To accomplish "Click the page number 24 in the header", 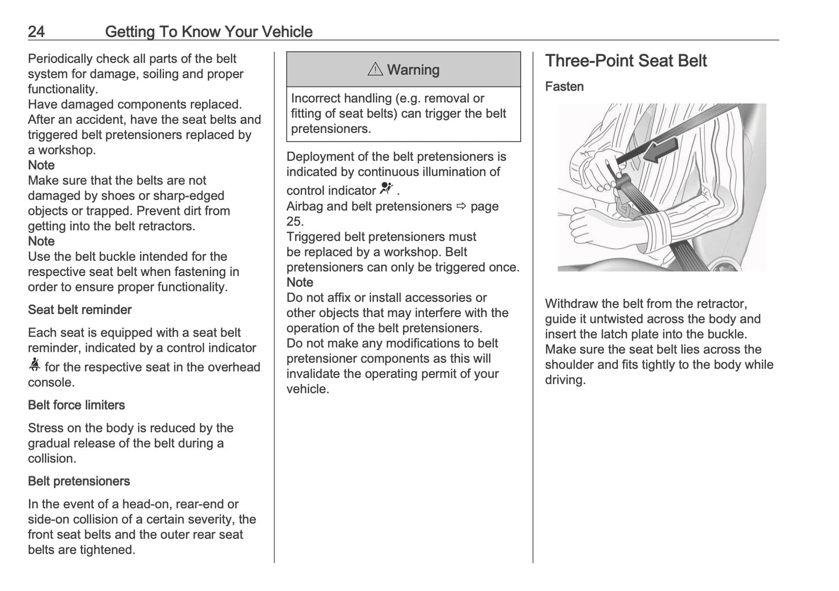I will (x=36, y=31).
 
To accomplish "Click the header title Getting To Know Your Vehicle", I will (x=208, y=31).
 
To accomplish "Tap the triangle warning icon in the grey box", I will (x=375, y=70).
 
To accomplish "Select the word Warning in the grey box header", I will (x=413, y=70).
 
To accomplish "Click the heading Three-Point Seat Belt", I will (x=625, y=61).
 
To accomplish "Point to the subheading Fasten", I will (x=564, y=87).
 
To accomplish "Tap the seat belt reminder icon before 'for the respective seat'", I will (x=35, y=365).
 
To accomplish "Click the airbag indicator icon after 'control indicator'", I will (x=386, y=188).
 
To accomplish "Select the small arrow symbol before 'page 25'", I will (x=461, y=206).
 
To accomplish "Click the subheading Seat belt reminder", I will (x=80, y=310).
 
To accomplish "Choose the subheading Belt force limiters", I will (x=76, y=405).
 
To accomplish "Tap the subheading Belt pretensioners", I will (x=78, y=481).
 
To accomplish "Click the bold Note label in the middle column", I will (x=300, y=282).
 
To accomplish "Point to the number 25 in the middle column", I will (x=294, y=221).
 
